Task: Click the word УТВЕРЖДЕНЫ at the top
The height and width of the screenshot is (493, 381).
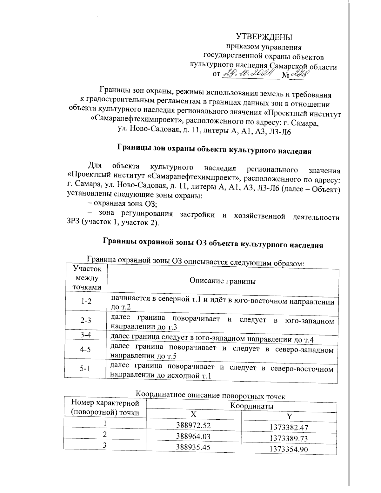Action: point(264,37)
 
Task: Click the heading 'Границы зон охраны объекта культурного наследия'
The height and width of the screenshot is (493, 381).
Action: point(215,150)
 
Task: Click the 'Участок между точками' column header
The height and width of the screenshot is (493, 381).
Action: point(87,278)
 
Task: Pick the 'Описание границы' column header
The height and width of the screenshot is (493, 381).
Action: point(223,281)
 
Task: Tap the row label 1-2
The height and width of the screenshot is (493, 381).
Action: point(86,301)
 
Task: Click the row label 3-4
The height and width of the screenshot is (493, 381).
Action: point(86,335)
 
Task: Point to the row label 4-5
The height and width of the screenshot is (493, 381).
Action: point(86,349)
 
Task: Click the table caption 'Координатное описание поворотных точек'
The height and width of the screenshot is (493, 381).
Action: point(211,396)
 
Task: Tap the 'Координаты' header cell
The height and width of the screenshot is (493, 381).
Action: point(252,406)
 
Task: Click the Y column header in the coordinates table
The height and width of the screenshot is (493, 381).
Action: point(289,416)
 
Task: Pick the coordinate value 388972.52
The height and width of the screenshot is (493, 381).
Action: point(193,425)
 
